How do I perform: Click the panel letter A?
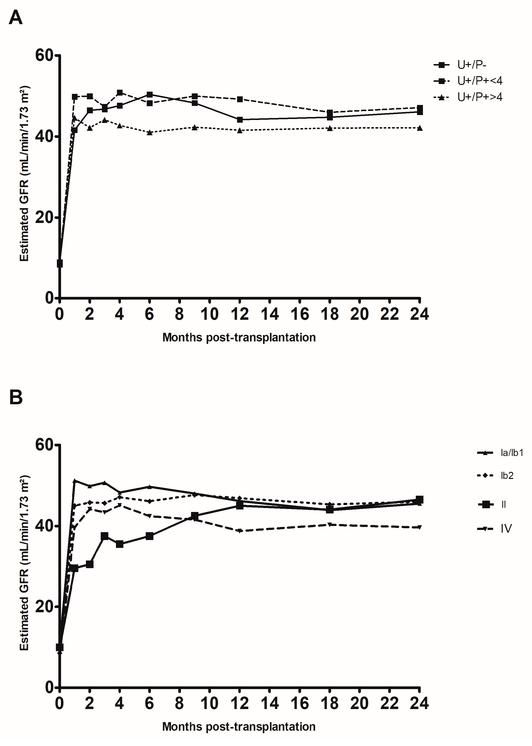[16, 18]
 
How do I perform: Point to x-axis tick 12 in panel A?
[240, 314]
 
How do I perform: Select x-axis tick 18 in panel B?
[330, 703]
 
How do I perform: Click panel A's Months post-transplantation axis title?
[239, 337]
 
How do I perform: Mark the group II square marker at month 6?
[149, 536]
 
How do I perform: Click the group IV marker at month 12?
[240, 531]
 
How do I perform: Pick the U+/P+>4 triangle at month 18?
[330, 128]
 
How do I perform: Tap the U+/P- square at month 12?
[240, 120]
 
